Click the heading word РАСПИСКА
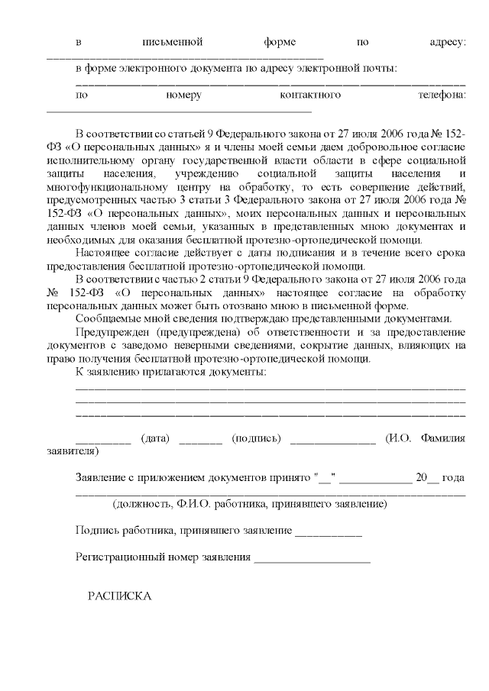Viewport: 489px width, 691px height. click(x=120, y=596)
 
